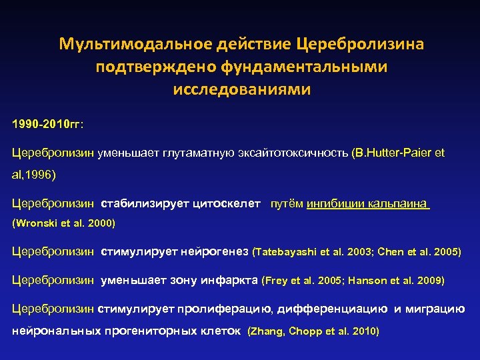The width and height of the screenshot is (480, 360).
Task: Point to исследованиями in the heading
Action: tap(242, 89)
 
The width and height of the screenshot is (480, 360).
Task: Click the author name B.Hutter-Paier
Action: tap(391, 153)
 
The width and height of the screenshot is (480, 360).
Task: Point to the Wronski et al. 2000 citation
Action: tap(64, 223)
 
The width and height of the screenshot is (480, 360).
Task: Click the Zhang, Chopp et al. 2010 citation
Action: tap(313, 331)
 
